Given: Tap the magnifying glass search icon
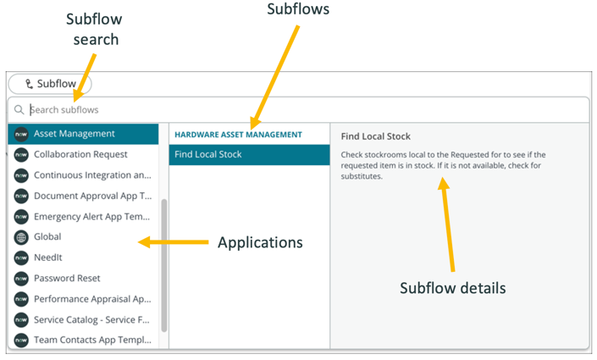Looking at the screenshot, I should click(x=19, y=109).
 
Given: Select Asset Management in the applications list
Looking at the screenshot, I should click(x=75, y=134).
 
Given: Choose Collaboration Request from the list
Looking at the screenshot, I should click(x=80, y=154).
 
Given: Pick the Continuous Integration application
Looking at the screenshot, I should click(x=92, y=175).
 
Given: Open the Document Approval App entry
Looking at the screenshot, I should click(x=92, y=196).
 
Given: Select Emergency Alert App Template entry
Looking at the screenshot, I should click(x=92, y=216).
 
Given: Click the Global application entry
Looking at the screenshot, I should click(x=47, y=236).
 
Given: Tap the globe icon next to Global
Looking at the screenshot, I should click(x=21, y=236).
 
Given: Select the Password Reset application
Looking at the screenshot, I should click(x=67, y=278).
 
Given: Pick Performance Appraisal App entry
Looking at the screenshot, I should click(x=92, y=299).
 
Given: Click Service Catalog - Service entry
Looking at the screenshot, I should click(x=92, y=319).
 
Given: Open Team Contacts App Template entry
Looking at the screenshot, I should click(x=92, y=340).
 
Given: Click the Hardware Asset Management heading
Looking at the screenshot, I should click(x=238, y=134).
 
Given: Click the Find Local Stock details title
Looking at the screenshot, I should click(x=376, y=136).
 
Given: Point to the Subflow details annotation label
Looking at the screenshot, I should click(x=452, y=288).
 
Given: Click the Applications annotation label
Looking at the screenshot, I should click(x=260, y=242).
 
